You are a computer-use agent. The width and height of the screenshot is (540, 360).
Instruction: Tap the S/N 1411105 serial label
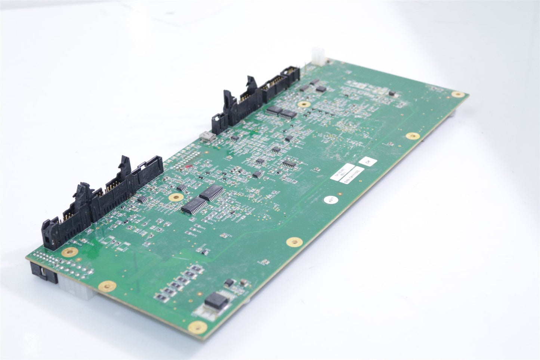pos(352,176)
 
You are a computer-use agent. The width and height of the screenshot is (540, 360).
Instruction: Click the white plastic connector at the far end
pos(317,57)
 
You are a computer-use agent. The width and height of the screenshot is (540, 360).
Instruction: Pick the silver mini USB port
pos(207,136)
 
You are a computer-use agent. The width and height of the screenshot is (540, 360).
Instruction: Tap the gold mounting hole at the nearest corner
pos(198,328)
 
